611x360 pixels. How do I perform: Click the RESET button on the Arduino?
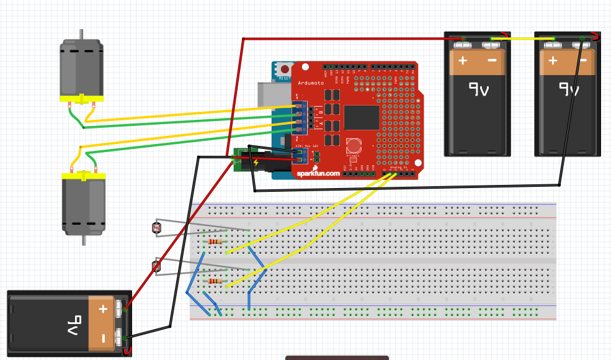tap(285, 70)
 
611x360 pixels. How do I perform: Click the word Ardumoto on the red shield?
tap(310, 83)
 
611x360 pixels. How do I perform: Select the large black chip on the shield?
tap(361, 117)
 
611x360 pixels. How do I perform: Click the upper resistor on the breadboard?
tap(215, 241)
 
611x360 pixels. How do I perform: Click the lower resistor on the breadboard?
tap(215, 281)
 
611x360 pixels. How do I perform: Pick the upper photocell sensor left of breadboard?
tap(156, 228)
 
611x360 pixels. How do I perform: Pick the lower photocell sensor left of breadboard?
tap(156, 267)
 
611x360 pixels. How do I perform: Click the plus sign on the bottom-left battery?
tap(103, 308)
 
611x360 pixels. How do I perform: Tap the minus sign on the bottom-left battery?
tap(103, 339)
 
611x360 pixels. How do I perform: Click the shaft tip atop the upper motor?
tap(81, 33)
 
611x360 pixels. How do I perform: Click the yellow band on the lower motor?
tap(84, 177)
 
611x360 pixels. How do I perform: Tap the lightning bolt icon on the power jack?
tap(256, 163)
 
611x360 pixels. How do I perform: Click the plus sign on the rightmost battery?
tap(553, 61)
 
